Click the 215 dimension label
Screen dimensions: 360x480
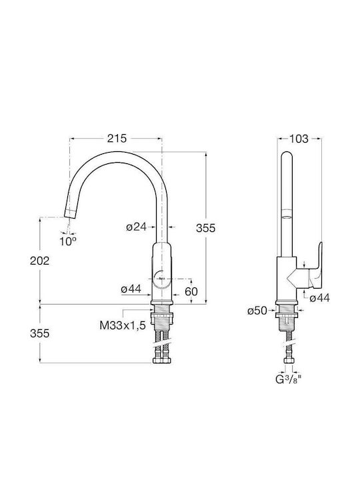click(117, 139)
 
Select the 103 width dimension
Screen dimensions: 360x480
click(299, 139)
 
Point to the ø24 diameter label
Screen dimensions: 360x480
click(136, 227)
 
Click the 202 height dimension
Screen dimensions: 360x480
click(39, 261)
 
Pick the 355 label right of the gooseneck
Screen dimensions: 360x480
click(206, 229)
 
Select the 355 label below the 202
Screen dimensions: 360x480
click(39, 333)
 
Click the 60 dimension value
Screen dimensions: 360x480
click(191, 291)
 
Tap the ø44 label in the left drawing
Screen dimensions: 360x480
click(131, 289)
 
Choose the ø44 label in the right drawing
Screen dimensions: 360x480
click(319, 298)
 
